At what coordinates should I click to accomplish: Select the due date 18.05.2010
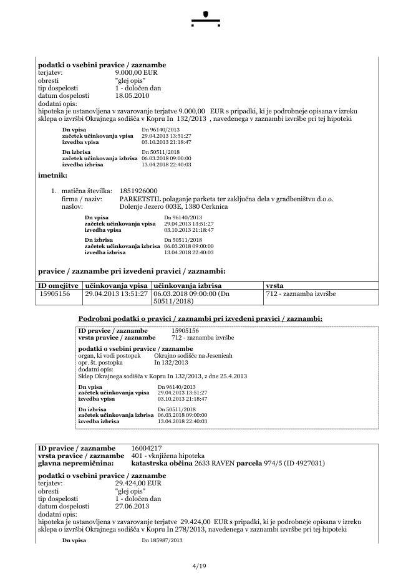132,96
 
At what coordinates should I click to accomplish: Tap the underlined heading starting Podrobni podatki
200,318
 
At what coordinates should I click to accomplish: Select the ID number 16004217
147,448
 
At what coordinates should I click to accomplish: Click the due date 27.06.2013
132,507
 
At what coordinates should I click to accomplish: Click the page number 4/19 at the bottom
199,566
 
